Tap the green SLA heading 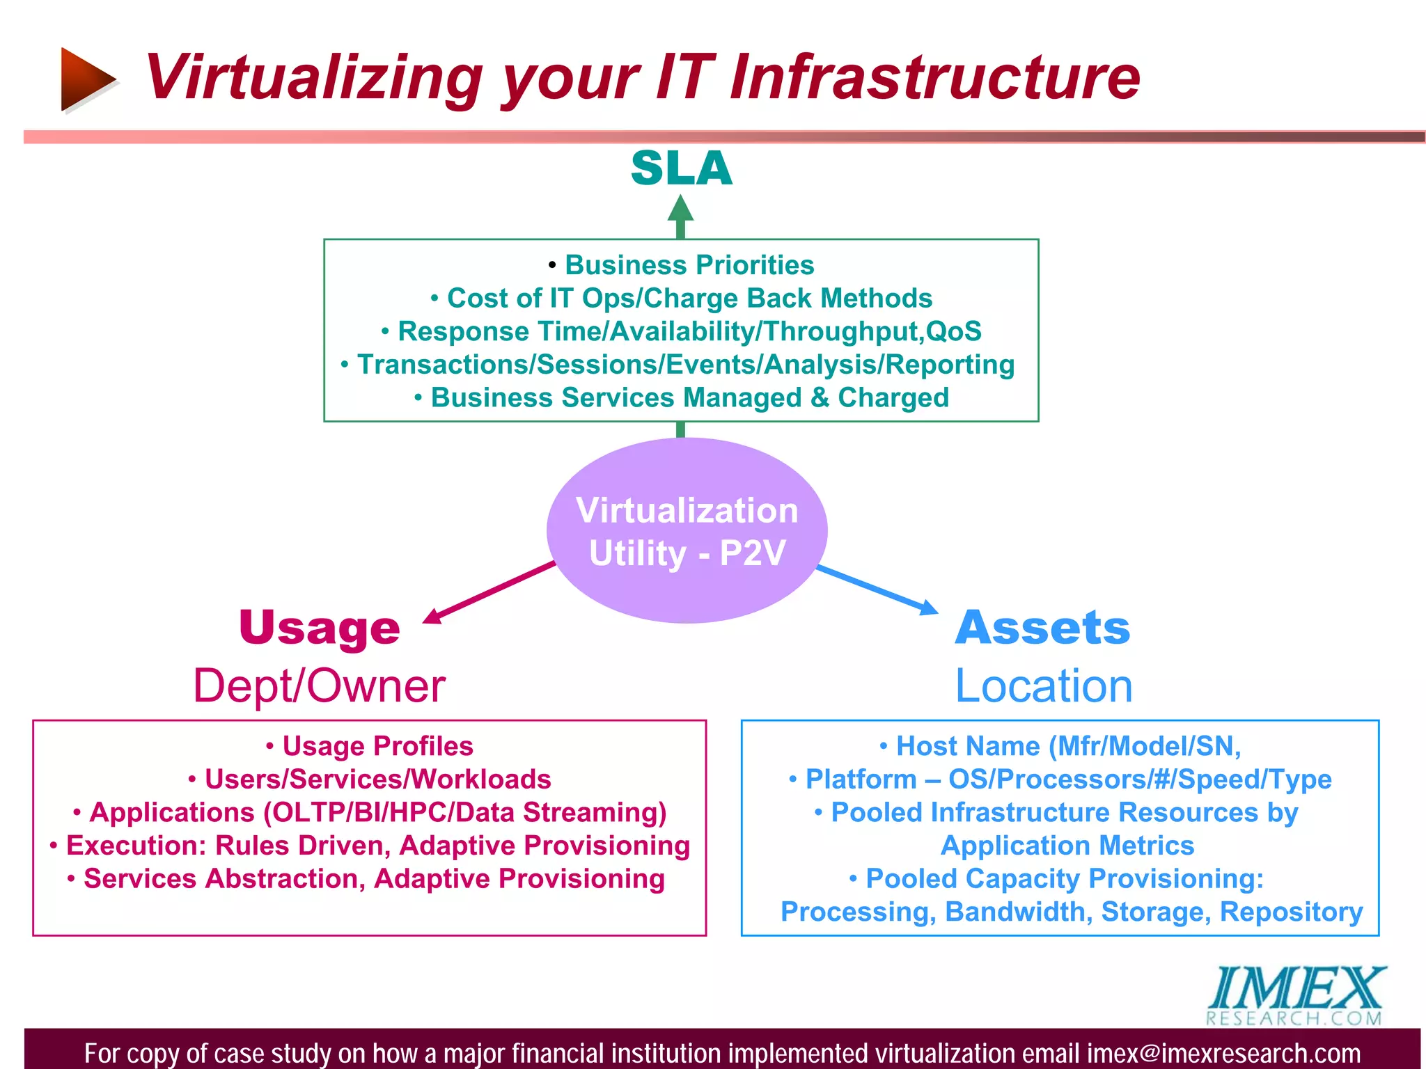(x=681, y=168)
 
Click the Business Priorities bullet (x=689, y=265)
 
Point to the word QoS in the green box (x=953, y=331)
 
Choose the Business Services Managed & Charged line (x=689, y=397)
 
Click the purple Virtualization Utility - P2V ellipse (x=687, y=531)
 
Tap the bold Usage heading (x=320, y=628)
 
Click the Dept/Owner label (x=319, y=686)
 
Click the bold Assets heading (x=1042, y=628)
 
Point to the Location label (x=1043, y=686)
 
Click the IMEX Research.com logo (x=1295, y=995)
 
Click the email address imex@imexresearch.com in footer (x=1223, y=1053)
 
